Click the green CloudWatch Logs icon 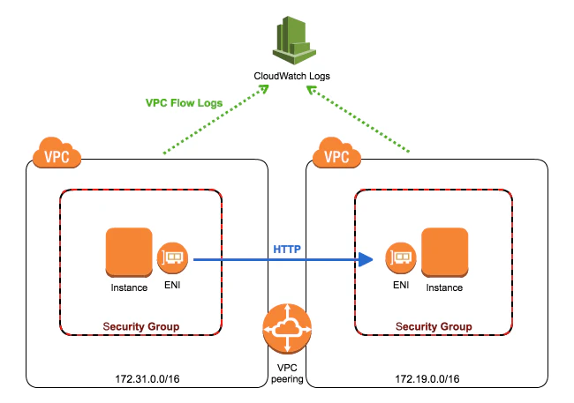coord(294,41)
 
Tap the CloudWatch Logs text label coord(291,76)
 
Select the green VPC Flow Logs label coord(184,103)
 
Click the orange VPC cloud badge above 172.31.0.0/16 coord(57,153)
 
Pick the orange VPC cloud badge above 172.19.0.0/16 coord(336,153)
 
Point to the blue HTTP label coord(287,250)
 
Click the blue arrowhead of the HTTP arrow coord(366,259)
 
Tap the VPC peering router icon coord(287,329)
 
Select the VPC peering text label coord(287,373)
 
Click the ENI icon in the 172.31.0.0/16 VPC coord(172,258)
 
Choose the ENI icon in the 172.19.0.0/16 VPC coord(401,258)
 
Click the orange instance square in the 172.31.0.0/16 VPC coord(129,252)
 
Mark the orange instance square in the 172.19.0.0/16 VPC coord(445,252)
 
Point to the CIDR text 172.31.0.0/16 coord(147,379)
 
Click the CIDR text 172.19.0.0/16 coord(427,379)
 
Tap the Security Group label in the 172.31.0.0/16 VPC coord(141,326)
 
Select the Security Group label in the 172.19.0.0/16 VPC coord(434,326)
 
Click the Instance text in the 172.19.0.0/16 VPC coord(444,287)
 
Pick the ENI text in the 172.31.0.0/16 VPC coord(172,285)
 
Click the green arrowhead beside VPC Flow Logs coord(264,89)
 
